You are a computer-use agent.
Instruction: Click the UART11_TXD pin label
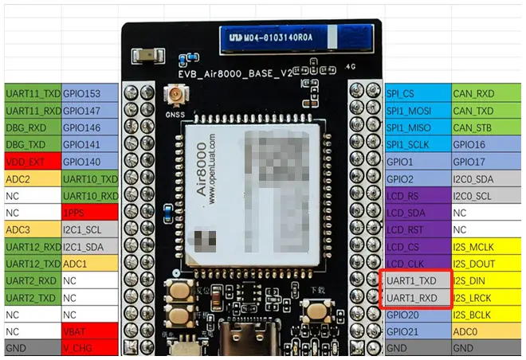(x=33, y=93)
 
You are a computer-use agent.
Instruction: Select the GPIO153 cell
(x=89, y=93)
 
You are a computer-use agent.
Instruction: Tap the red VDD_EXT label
(x=33, y=162)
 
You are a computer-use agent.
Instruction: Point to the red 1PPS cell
(x=89, y=213)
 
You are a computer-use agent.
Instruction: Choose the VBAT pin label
(x=89, y=331)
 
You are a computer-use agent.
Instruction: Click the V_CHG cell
(x=89, y=348)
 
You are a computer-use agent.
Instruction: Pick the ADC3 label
(x=33, y=230)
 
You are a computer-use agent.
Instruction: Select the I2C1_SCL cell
(x=89, y=230)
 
